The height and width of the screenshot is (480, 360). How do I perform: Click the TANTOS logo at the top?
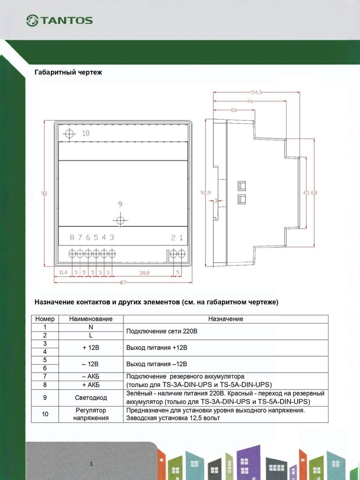click(x=60, y=21)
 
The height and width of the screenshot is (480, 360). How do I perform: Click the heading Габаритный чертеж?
click(x=68, y=72)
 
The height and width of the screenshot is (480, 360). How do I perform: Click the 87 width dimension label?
click(x=123, y=282)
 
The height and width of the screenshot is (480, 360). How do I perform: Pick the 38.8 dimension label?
click(x=144, y=273)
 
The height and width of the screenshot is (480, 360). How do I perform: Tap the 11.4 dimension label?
click(x=63, y=273)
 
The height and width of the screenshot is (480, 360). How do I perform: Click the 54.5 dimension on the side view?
click(x=256, y=93)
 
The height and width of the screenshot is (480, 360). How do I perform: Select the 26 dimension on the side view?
click(x=234, y=110)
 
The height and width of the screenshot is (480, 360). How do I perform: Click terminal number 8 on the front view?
click(x=72, y=237)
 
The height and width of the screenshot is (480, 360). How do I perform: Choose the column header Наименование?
click(x=91, y=319)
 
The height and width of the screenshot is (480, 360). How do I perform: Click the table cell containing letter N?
click(x=91, y=327)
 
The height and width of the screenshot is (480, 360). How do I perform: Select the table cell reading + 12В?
click(x=91, y=348)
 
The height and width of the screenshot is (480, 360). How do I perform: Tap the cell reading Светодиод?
click(x=91, y=398)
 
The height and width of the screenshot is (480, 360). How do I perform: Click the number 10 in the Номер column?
click(x=45, y=414)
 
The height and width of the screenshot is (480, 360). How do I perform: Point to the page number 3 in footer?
click(x=91, y=464)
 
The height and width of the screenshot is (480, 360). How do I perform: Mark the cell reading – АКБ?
click(x=91, y=377)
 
